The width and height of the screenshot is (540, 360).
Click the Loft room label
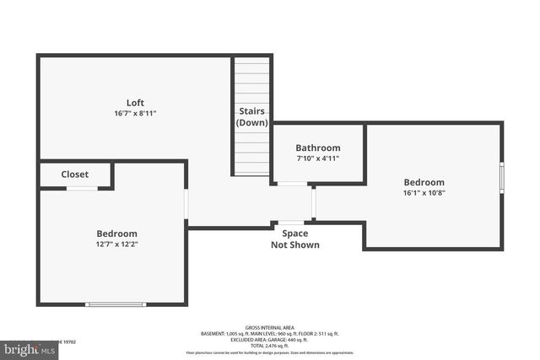pos(135,103)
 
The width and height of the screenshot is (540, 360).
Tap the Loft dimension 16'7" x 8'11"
pos(135,113)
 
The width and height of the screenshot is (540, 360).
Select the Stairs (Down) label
pos(251,116)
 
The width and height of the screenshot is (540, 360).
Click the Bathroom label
pos(318,148)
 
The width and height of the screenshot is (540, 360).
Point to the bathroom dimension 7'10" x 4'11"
pos(318,158)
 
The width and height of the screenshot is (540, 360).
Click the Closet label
pos(74,175)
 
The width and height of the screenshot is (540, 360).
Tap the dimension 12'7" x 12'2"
pos(116,244)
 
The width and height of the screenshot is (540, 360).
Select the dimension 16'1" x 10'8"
pos(424,193)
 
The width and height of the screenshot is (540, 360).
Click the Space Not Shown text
pos(294,239)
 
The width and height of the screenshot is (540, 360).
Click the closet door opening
pos(82,188)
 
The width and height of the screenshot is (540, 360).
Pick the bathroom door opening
pos(293,183)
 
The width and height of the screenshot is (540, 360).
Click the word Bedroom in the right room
pos(424,182)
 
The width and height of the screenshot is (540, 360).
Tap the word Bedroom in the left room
pos(116,234)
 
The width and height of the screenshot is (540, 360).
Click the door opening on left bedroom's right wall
pos(186,205)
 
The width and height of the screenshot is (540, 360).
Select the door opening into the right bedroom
pos(313,202)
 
